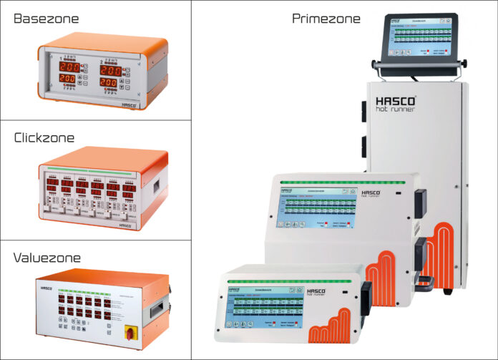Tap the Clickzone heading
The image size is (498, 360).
pyautogui.click(x=45, y=138)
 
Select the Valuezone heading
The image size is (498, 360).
pyautogui.click(x=47, y=258)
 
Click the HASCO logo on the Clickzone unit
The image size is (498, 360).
pyautogui.click(x=127, y=224)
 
